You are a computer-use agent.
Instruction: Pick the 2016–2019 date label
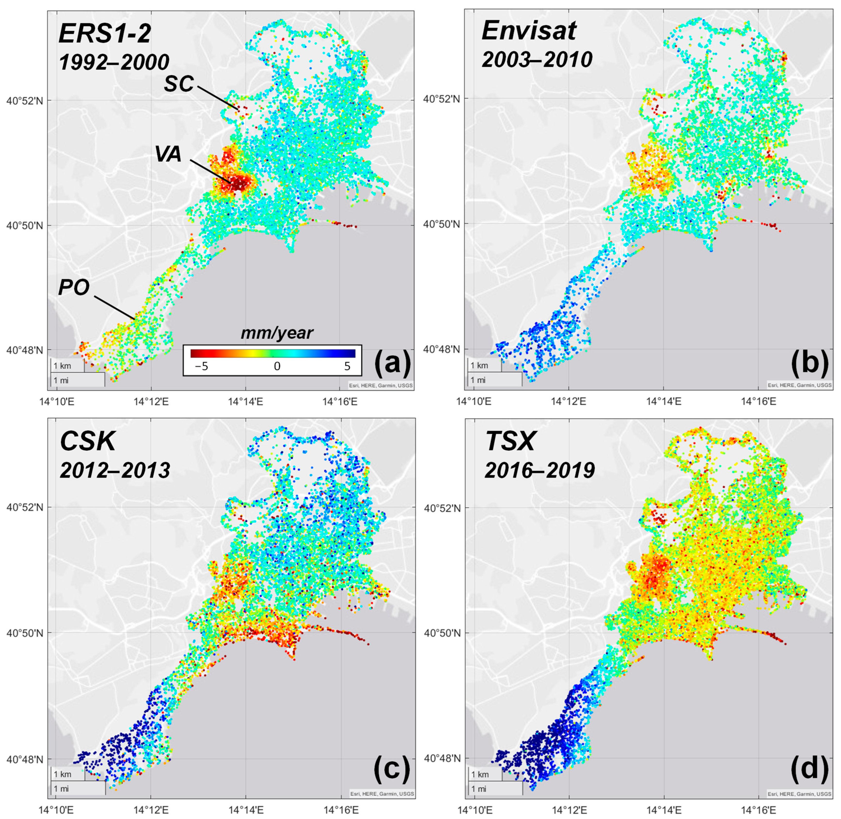540,470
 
